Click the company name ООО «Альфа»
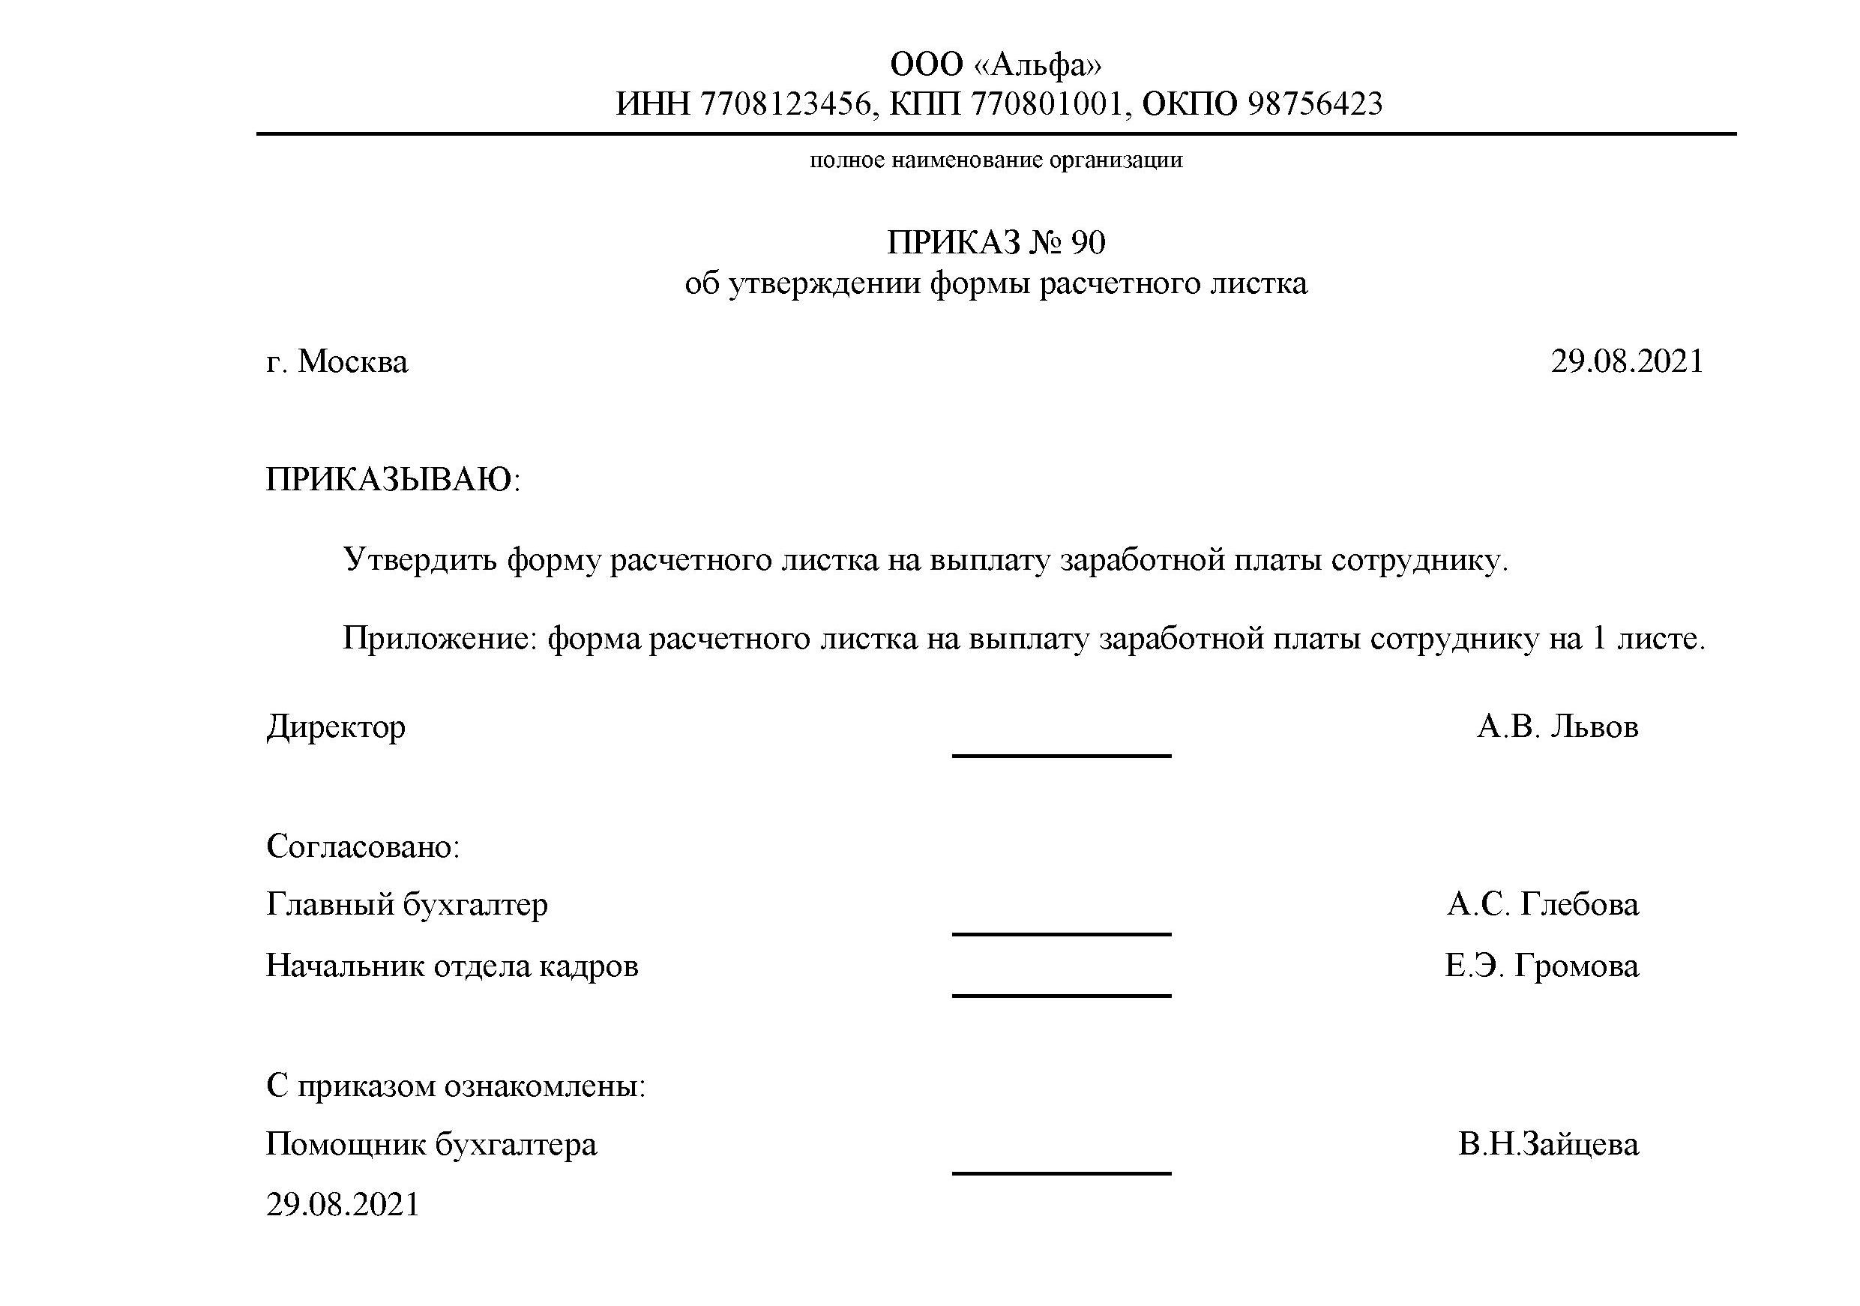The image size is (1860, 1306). pyautogui.click(x=996, y=64)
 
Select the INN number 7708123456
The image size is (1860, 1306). pyautogui.click(x=785, y=103)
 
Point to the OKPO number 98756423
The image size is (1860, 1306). pyautogui.click(x=1315, y=103)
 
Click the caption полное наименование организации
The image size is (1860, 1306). pyautogui.click(x=996, y=160)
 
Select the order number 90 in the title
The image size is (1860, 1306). pyautogui.click(x=1087, y=242)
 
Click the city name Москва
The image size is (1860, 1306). pyautogui.click(x=353, y=361)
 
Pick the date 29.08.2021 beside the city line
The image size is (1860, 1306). pyautogui.click(x=1627, y=361)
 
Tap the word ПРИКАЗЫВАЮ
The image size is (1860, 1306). pyautogui.click(x=389, y=480)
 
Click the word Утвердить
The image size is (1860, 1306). pyautogui.click(x=420, y=560)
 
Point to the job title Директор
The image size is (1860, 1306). pyautogui.click(x=336, y=726)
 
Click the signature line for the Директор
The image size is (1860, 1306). pyautogui.click(x=1062, y=755)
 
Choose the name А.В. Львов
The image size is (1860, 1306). pyautogui.click(x=1557, y=726)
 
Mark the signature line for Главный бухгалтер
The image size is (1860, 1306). pyautogui.click(x=1062, y=933)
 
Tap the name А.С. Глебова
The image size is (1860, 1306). pyautogui.click(x=1542, y=904)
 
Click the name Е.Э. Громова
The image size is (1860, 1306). pyautogui.click(x=1541, y=966)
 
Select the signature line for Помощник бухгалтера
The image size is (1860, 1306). pyautogui.click(x=1062, y=1173)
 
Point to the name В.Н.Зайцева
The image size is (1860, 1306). pyautogui.click(x=1548, y=1144)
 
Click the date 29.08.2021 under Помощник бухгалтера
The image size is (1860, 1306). pyautogui.click(x=343, y=1205)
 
